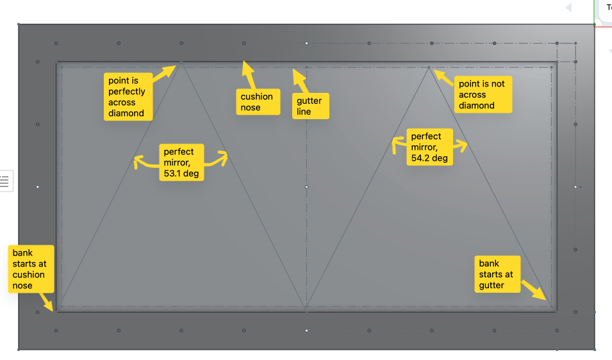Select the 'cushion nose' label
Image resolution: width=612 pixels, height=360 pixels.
256,102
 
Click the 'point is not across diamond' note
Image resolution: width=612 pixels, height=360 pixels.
483,95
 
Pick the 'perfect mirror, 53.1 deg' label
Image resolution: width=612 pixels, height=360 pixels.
181,162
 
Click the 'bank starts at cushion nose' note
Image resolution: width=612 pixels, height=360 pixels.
29,268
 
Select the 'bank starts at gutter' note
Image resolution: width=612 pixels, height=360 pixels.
498,274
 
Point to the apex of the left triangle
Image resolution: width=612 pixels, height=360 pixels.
181,61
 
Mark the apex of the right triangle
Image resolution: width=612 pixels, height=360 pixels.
429,67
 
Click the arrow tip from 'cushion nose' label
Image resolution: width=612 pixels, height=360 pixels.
244,64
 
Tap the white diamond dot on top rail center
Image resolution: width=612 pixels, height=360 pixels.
306,43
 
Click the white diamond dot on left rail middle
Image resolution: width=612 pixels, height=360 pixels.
38,186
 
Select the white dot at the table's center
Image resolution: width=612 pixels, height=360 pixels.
306,186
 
